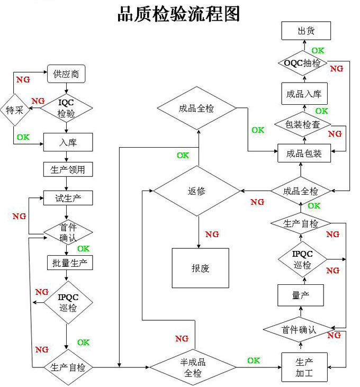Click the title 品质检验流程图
click(x=178, y=14)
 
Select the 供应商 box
click(x=66, y=74)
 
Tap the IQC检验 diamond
click(x=67, y=108)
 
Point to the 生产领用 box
click(x=67, y=169)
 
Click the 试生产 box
click(x=67, y=197)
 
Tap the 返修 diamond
click(x=196, y=192)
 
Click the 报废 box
click(x=200, y=268)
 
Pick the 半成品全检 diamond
click(x=193, y=367)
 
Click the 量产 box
click(x=300, y=295)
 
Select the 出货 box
click(x=305, y=31)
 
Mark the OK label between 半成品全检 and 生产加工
click(x=254, y=361)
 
